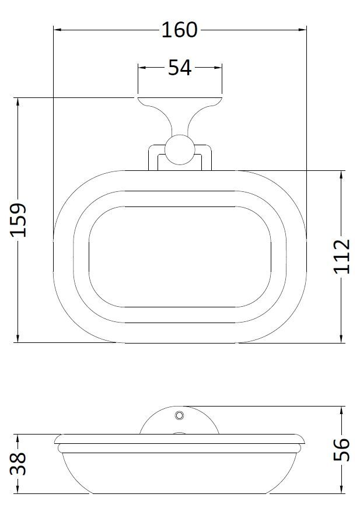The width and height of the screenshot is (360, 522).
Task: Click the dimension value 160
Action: (x=180, y=29)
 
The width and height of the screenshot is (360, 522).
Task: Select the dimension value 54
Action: (x=180, y=68)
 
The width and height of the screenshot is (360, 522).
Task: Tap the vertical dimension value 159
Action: (x=19, y=220)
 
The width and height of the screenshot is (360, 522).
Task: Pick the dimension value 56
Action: (x=342, y=450)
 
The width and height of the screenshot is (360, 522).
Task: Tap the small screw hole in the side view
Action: (x=179, y=415)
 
